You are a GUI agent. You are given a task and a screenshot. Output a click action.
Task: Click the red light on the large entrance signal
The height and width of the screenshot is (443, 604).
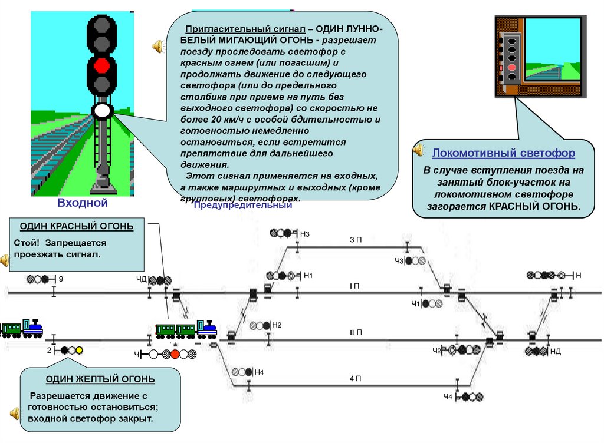pos(102,64)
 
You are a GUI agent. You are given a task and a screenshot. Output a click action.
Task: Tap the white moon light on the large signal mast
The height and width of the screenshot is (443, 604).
pos(103,110)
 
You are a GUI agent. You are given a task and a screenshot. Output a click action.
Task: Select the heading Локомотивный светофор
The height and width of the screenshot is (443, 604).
pos(503,153)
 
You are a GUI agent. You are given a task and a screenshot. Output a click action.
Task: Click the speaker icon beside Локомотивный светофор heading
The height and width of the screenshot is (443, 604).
pos(419,150)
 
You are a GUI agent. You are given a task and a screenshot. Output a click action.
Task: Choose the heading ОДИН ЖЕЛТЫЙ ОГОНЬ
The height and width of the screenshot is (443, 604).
pos(101,379)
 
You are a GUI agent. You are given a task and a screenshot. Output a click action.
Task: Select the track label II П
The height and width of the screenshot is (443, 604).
pos(356,333)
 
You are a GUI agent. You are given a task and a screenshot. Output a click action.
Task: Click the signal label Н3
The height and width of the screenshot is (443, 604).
pos(305,234)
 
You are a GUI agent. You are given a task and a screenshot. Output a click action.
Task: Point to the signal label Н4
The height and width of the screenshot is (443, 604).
pos(260,372)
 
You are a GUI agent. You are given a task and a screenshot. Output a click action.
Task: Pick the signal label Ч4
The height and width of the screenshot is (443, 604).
pos(448,398)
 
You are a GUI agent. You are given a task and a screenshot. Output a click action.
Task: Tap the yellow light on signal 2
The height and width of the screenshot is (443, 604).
pos(79,350)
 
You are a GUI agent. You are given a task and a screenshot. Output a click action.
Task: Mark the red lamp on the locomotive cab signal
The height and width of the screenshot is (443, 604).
pos(511,77)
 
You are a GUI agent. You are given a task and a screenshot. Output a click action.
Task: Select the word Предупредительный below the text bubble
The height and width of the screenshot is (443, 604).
pos(243,206)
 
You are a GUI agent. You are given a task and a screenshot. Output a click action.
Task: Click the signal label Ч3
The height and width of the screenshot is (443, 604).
pos(399,261)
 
